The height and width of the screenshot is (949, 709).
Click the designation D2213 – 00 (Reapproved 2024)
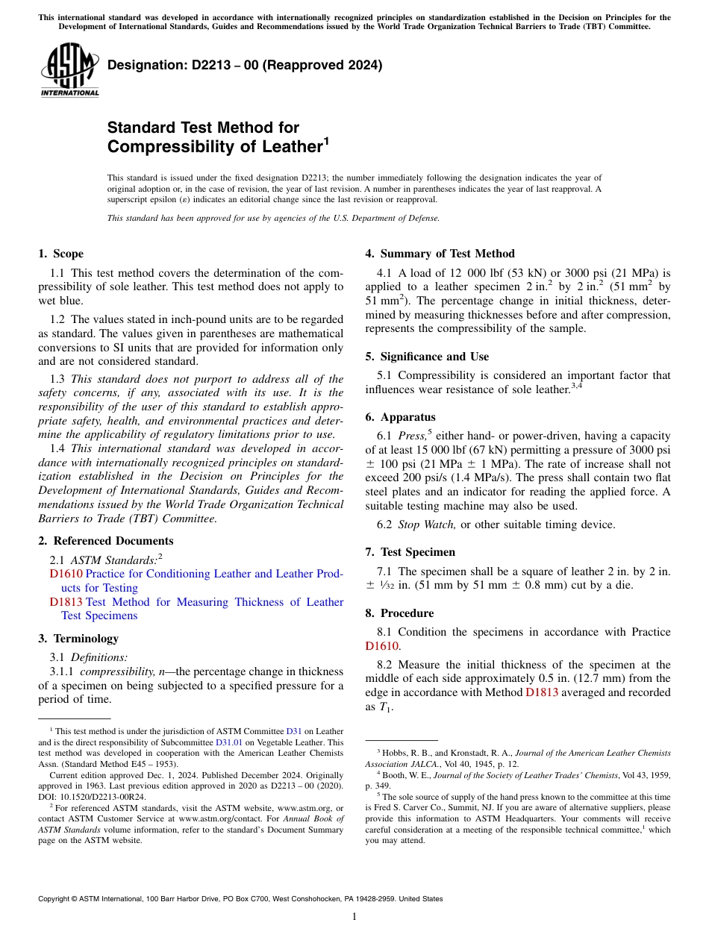245,65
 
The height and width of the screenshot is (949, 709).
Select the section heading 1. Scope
60,254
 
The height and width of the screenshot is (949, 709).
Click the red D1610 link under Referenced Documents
66,574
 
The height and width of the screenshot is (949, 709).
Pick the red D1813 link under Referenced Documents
66,602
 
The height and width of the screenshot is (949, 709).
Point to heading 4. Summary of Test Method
440,254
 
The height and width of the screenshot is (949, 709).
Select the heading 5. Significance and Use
427,357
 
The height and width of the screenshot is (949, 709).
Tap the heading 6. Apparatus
401,417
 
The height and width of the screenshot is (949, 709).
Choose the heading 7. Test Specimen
410,552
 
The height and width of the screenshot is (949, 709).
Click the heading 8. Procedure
399,613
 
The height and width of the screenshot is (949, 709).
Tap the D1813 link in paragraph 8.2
542,692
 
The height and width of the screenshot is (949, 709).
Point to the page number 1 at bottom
354,917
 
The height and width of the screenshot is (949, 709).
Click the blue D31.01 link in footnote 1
228,742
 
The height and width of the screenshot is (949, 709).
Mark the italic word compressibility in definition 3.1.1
114,671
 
